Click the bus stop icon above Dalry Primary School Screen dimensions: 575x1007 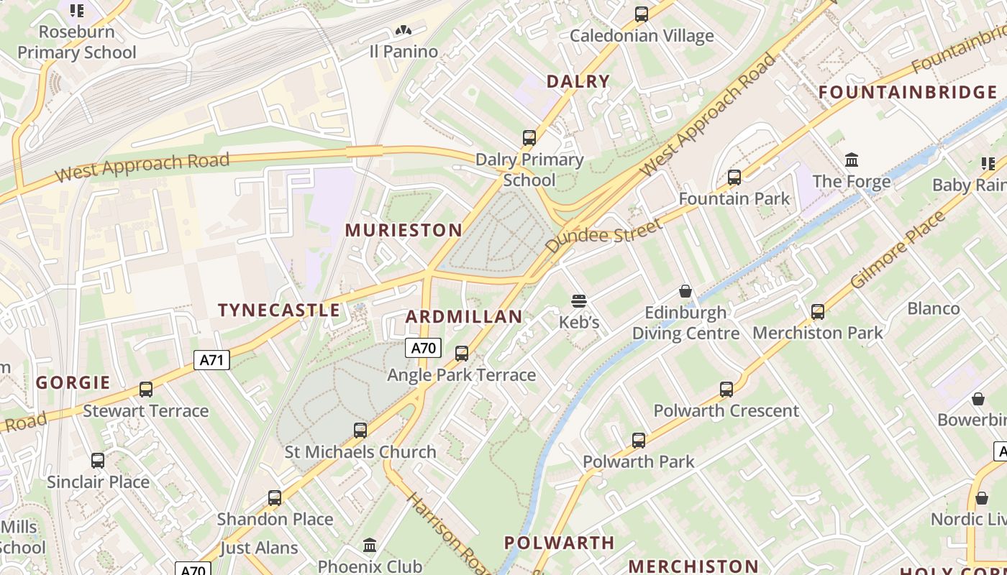(529, 137)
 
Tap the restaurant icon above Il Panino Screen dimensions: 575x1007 (403, 30)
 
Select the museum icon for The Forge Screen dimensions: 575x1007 (852, 160)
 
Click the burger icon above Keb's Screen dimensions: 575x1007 (579, 300)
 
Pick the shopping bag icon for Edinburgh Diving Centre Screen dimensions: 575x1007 (685, 291)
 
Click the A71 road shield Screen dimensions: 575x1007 (211, 360)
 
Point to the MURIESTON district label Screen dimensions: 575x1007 (404, 230)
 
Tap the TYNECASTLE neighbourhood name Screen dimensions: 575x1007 (279, 310)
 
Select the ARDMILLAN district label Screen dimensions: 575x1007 (464, 317)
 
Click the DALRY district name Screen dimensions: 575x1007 (578, 81)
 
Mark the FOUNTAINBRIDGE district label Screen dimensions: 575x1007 (908, 92)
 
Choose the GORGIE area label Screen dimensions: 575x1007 (73, 382)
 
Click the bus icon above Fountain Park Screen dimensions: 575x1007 (734, 177)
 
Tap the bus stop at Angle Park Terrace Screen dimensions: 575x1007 (462, 353)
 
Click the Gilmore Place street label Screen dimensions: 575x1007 (898, 249)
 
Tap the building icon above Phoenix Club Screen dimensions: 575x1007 (370, 545)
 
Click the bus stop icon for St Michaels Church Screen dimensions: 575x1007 (360, 431)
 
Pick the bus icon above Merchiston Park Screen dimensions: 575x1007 (817, 311)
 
